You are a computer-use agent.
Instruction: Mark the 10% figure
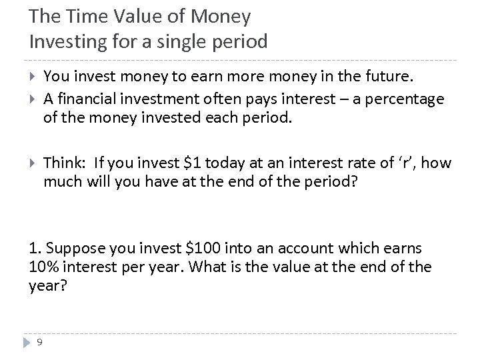click(x=45, y=267)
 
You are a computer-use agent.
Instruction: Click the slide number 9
click(x=40, y=342)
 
